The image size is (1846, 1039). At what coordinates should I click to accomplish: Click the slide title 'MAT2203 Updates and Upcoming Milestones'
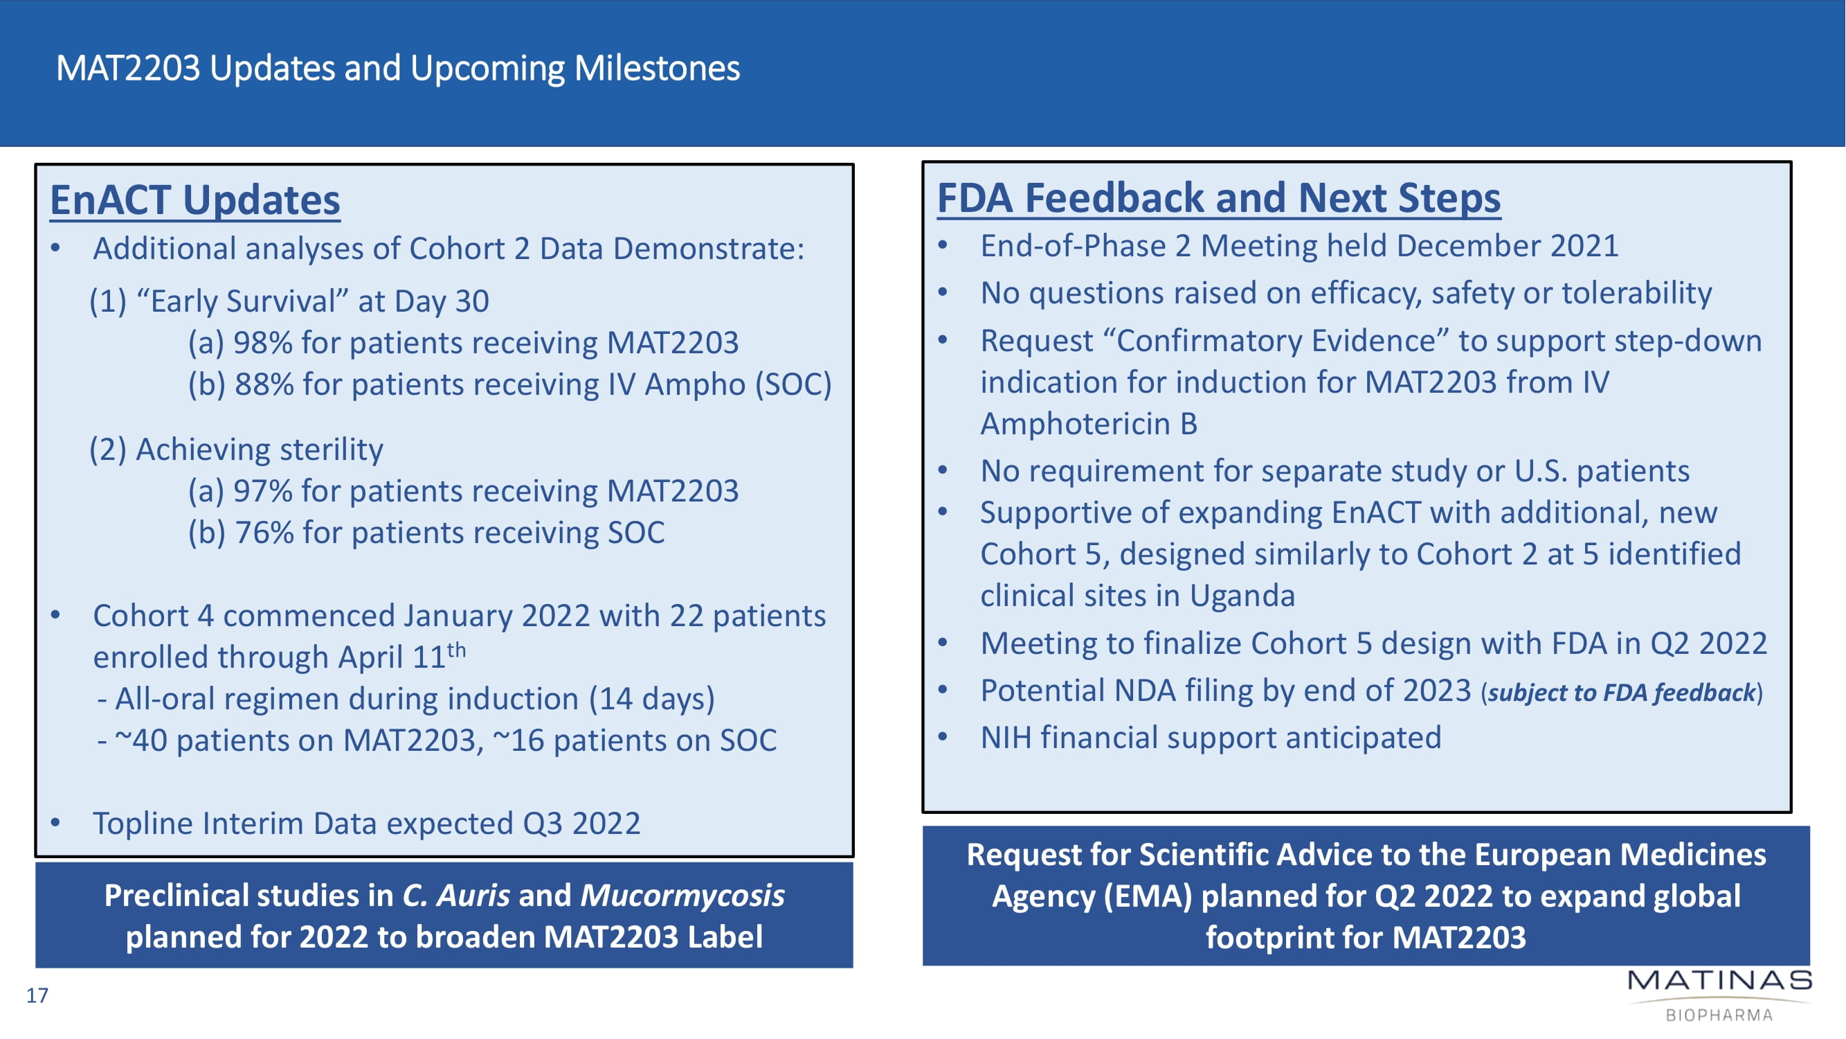[398, 69]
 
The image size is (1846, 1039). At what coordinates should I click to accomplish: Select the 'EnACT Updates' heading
[195, 199]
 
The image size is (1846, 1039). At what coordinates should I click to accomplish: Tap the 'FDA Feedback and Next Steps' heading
[1219, 197]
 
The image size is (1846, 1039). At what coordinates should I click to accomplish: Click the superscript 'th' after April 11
[457, 650]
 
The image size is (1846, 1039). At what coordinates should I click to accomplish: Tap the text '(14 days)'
[651, 698]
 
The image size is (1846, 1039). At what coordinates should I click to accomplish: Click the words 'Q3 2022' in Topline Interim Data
[581, 823]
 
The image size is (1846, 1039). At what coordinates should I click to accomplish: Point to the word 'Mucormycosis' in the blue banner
[682, 896]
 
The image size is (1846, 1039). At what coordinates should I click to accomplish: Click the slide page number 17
[37, 995]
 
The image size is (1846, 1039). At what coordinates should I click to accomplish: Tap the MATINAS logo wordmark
[1720, 980]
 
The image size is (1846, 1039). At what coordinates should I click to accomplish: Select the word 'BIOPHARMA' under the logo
[1719, 1015]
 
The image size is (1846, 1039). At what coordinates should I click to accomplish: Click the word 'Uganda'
[1242, 596]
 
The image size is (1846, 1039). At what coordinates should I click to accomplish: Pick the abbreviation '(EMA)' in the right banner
[1148, 896]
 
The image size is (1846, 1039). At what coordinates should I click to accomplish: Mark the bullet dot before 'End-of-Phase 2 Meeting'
[943, 246]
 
